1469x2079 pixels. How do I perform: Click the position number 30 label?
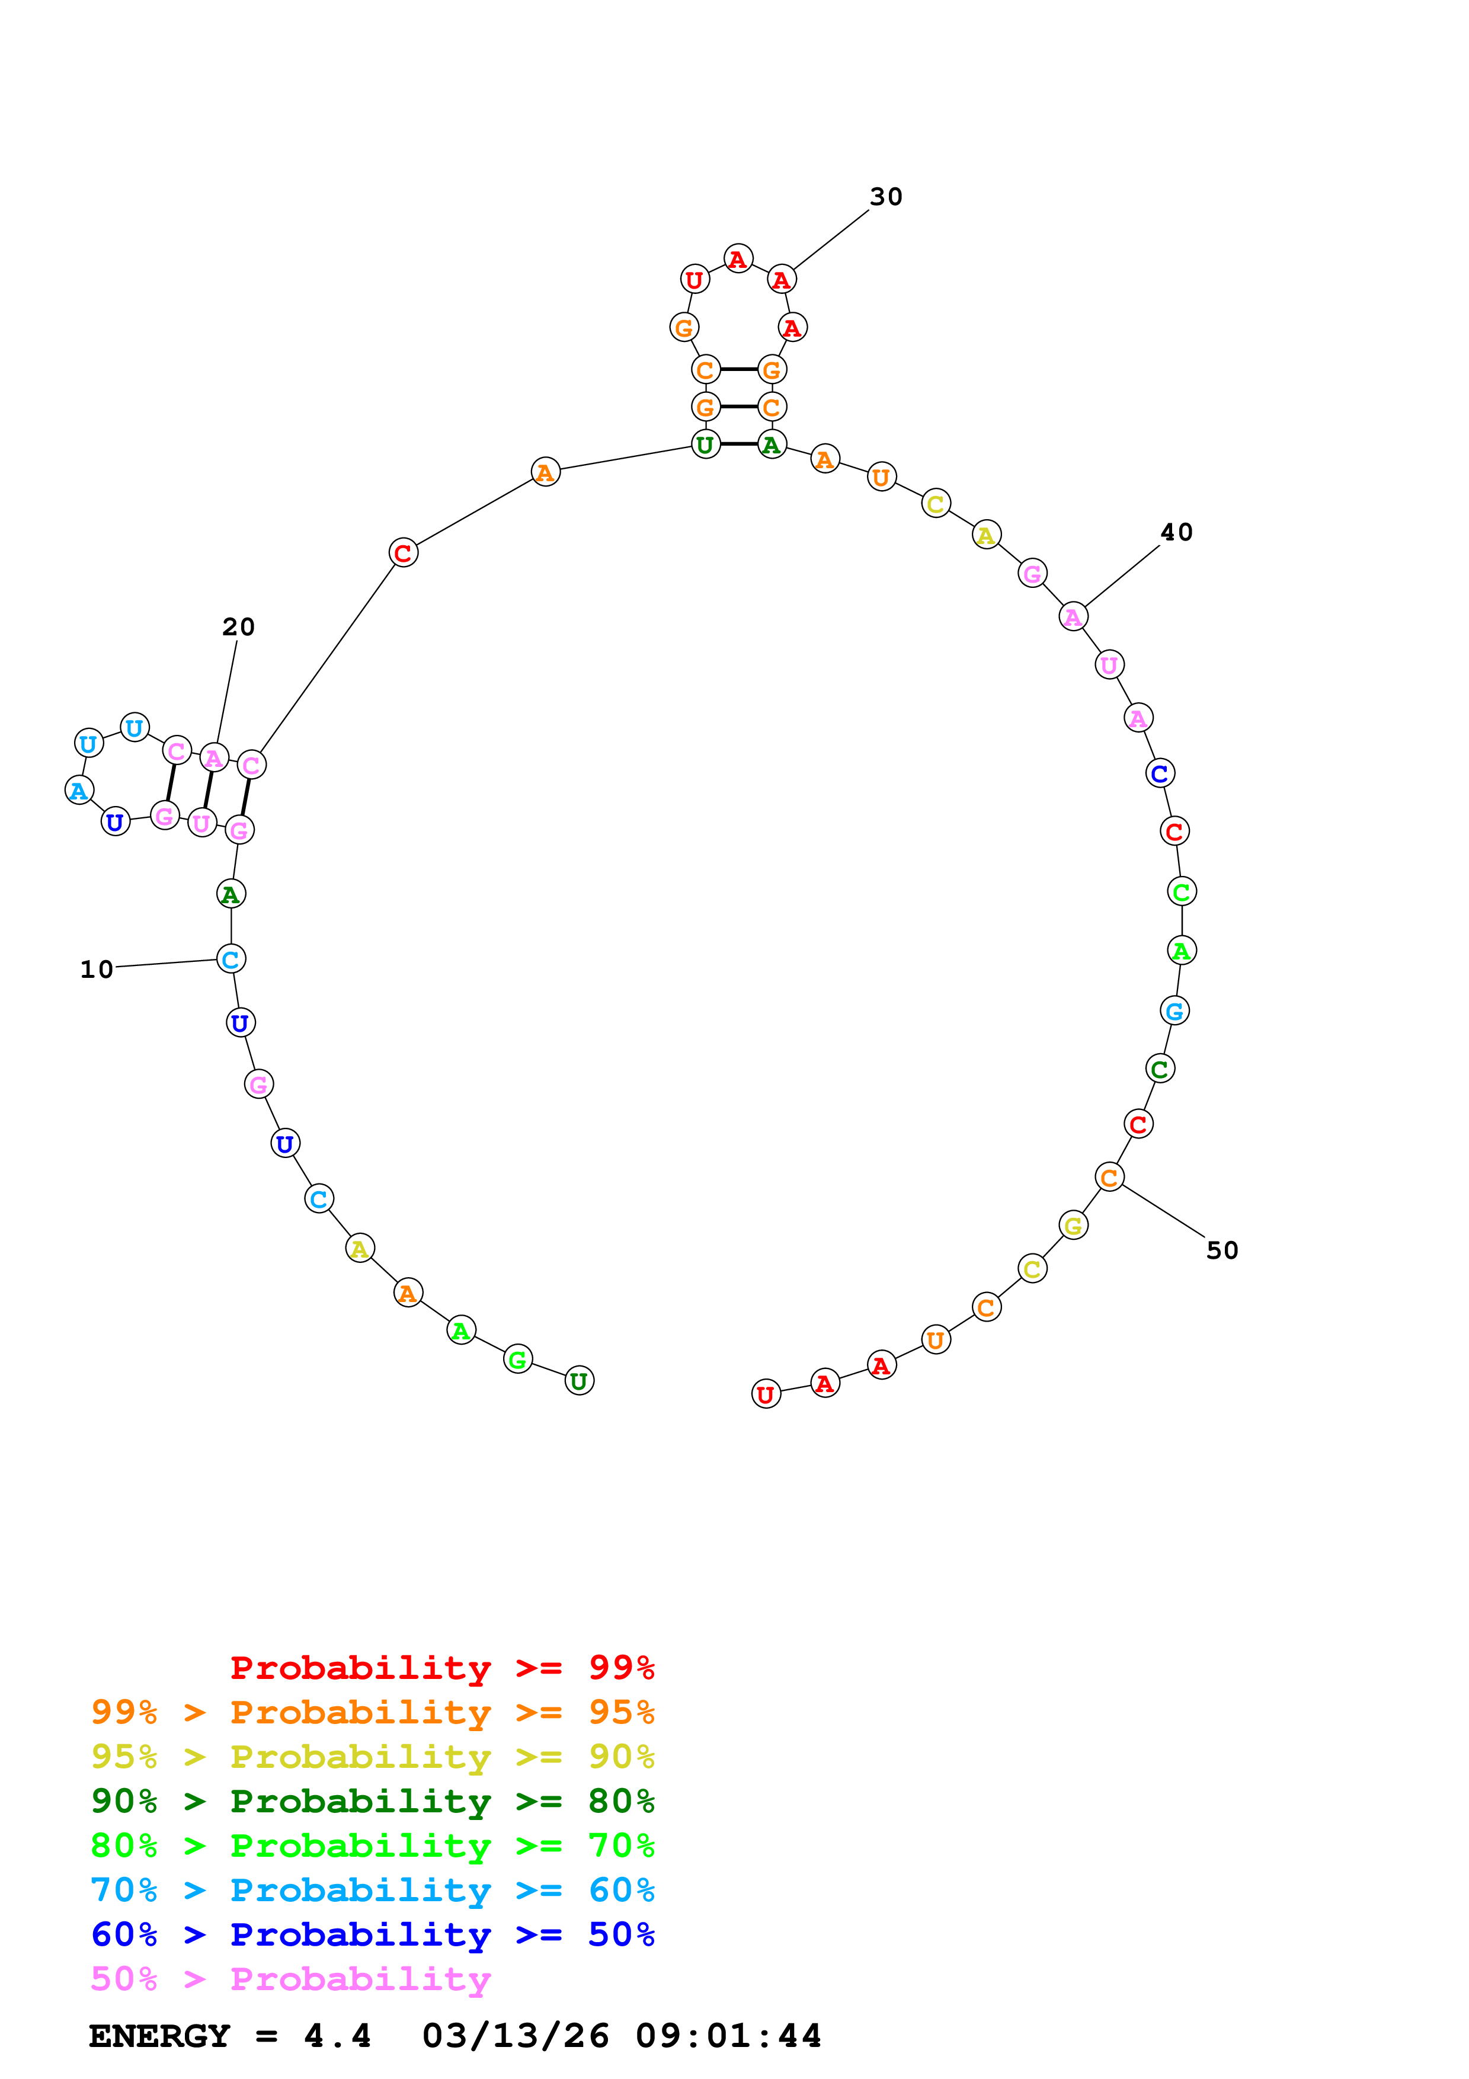[x=885, y=197]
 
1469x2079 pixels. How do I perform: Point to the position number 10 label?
[x=97, y=970]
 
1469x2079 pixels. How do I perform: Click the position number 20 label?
[x=238, y=626]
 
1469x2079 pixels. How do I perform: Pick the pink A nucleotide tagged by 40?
[x=1073, y=616]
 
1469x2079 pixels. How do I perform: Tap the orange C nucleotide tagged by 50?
[x=1109, y=1177]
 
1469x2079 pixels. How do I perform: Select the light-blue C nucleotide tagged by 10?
[x=231, y=959]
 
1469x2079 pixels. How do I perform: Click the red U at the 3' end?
[x=766, y=1394]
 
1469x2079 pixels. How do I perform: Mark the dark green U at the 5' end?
[x=580, y=1381]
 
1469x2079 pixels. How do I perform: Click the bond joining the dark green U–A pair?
[x=738, y=444]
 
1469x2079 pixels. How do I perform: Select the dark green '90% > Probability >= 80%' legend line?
[x=372, y=1801]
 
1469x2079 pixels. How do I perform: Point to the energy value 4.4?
[x=337, y=2036]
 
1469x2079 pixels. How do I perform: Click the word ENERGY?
[x=159, y=2036]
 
